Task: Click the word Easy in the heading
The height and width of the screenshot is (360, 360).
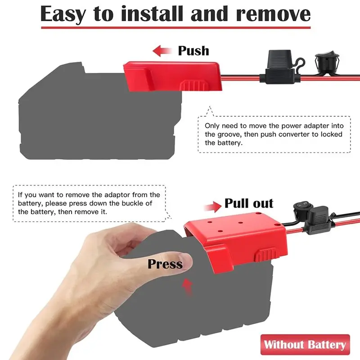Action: tap(63, 14)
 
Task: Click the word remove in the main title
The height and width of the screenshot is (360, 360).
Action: tap(274, 14)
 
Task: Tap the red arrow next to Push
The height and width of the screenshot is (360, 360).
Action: tap(162, 51)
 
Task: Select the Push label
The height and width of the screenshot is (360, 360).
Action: tap(193, 51)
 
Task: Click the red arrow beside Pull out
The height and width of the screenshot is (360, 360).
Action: tap(212, 207)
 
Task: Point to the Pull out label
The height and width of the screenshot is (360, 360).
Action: tap(249, 203)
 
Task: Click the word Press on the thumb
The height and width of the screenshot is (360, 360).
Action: tap(165, 264)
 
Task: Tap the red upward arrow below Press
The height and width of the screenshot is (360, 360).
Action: tap(187, 287)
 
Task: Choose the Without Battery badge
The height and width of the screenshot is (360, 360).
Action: tap(305, 344)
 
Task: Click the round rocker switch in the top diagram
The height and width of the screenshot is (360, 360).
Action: tap(327, 63)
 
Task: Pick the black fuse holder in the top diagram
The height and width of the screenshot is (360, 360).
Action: tap(279, 67)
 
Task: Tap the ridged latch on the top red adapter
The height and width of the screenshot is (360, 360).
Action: tap(194, 85)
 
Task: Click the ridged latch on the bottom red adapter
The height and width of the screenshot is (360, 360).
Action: tap(267, 255)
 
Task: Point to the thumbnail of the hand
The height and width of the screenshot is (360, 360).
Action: tap(186, 262)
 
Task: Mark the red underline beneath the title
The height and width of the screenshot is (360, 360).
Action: tap(176, 28)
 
